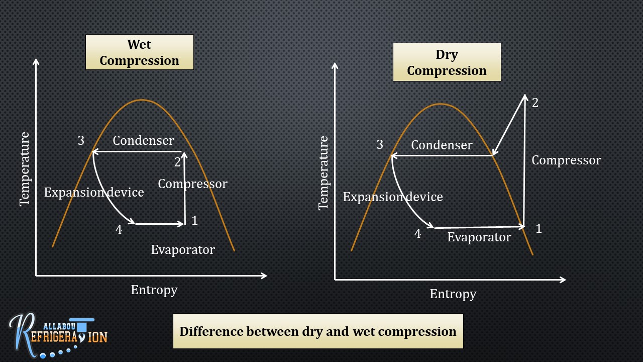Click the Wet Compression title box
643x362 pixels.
[x=139, y=52]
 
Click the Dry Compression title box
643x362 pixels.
[x=447, y=62]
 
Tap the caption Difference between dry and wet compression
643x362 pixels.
[x=318, y=331]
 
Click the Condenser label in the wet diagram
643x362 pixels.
[x=143, y=140]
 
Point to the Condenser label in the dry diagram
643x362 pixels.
[x=442, y=145]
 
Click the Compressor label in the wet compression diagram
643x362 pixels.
[x=192, y=184]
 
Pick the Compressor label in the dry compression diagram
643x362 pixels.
[x=566, y=160]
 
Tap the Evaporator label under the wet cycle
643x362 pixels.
[x=183, y=249]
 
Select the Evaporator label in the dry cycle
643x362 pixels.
[x=479, y=237]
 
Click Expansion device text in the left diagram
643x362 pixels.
[x=94, y=192]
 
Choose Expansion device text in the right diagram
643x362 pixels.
[x=393, y=197]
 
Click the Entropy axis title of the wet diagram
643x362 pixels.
[x=154, y=290]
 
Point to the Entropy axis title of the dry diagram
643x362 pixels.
[x=453, y=294]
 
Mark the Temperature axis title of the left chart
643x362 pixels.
[x=25, y=169]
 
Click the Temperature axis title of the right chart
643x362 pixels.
[x=324, y=173]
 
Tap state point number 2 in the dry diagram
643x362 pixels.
[x=535, y=103]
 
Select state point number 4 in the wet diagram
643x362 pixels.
[x=119, y=230]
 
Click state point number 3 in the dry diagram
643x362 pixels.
[x=380, y=145]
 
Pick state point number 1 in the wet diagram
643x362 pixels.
[x=195, y=220]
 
